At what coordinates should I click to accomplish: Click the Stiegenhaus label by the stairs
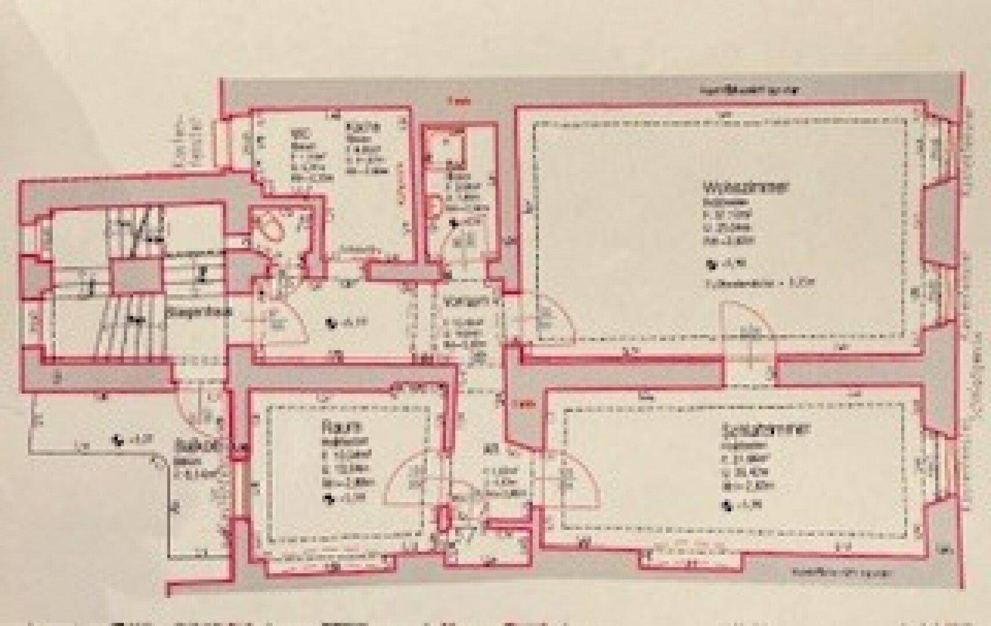[x=200, y=312]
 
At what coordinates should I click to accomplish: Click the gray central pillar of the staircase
[x=137, y=276]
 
